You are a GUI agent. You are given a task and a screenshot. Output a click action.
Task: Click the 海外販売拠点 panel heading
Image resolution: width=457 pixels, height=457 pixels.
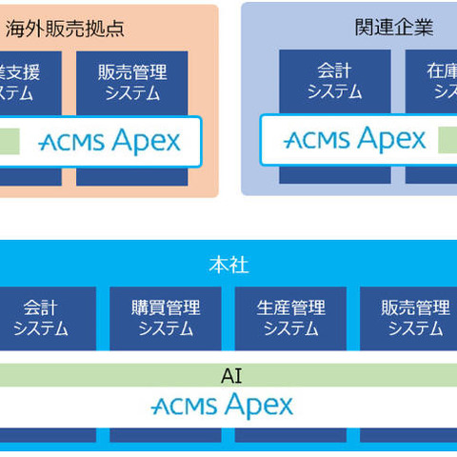click(65, 28)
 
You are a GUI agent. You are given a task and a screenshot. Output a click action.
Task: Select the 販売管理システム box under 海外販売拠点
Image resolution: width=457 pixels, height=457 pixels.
click(132, 82)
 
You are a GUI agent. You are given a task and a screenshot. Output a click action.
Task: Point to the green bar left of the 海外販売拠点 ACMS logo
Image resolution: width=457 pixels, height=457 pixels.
click(9, 141)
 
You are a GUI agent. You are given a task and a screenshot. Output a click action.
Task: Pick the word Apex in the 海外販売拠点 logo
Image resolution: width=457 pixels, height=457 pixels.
click(145, 142)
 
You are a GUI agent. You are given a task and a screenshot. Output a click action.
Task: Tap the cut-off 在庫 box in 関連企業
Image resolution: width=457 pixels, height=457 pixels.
click(430, 82)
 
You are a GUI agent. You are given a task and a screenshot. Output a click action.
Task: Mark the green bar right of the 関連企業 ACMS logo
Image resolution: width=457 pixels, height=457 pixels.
click(447, 141)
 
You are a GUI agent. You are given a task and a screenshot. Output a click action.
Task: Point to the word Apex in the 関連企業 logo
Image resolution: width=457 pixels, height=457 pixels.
click(390, 140)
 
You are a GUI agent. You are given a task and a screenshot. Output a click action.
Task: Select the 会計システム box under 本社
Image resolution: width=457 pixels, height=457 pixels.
click(41, 318)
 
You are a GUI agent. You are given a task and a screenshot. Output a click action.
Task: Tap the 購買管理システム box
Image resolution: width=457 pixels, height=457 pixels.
click(166, 318)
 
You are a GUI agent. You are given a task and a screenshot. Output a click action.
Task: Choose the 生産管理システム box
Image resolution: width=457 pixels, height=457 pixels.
click(290, 318)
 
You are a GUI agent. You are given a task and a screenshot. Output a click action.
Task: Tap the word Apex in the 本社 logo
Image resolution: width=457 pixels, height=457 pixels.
click(258, 407)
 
